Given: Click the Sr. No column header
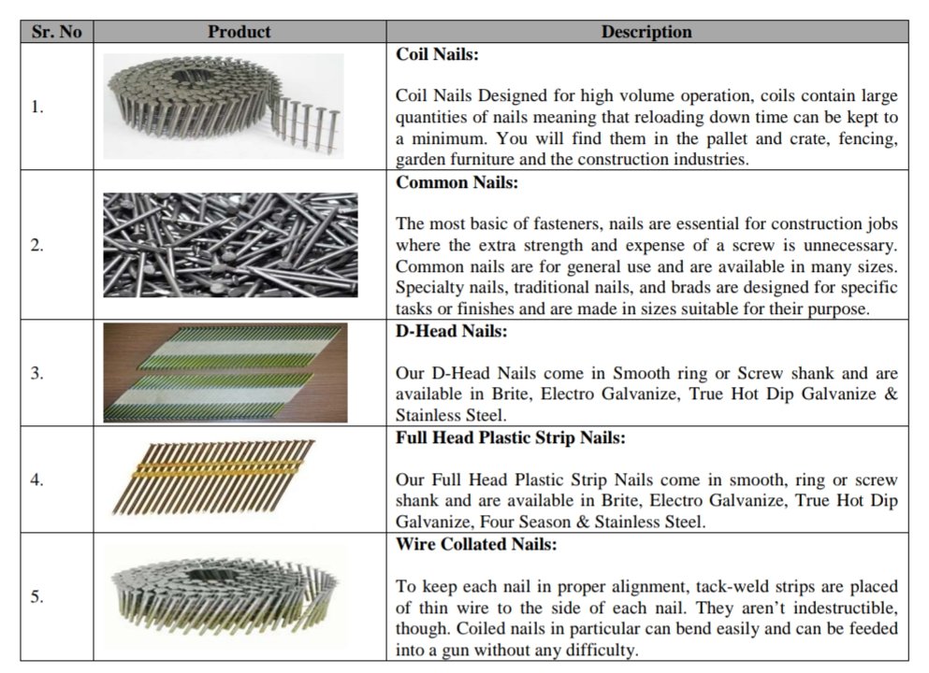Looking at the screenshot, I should point(56,32).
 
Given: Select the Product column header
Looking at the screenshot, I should point(240,32).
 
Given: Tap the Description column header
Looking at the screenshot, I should point(646,32).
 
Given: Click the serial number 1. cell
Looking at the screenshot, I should point(37,107).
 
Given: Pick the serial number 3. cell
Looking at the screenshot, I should point(37,373).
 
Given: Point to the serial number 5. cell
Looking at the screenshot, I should point(37,596).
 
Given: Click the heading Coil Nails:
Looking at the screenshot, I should point(437,55).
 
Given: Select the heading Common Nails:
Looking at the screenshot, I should point(457,183).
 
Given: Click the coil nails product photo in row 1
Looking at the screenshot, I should point(224,106).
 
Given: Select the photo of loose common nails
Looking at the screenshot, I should point(230,245).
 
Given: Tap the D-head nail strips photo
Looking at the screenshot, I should point(225,373).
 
